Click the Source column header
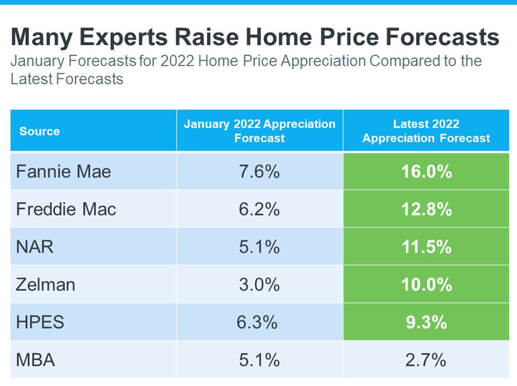(40, 131)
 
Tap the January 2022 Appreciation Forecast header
(260, 131)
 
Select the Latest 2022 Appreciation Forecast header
(426, 131)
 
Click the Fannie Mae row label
(64, 171)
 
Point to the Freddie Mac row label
(66, 209)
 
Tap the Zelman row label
(46, 285)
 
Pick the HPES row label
(40, 322)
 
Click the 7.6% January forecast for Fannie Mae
(259, 171)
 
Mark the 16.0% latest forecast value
(426, 171)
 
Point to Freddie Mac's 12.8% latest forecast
(426, 209)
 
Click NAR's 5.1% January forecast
(259, 247)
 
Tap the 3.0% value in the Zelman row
(259, 285)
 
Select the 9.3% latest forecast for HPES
(426, 322)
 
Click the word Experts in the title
(126, 37)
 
